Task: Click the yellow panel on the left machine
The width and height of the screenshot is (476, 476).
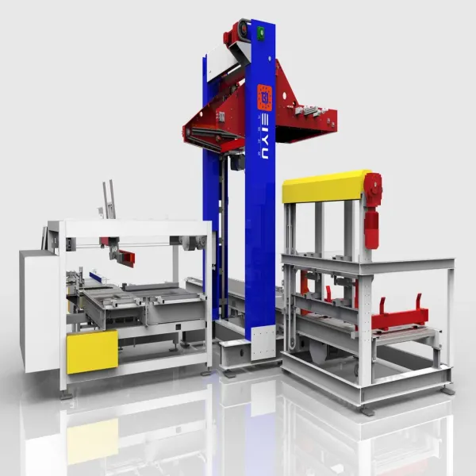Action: (x=92, y=351)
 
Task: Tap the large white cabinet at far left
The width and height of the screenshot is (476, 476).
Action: (x=36, y=309)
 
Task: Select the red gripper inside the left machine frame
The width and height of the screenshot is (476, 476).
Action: (x=119, y=254)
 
